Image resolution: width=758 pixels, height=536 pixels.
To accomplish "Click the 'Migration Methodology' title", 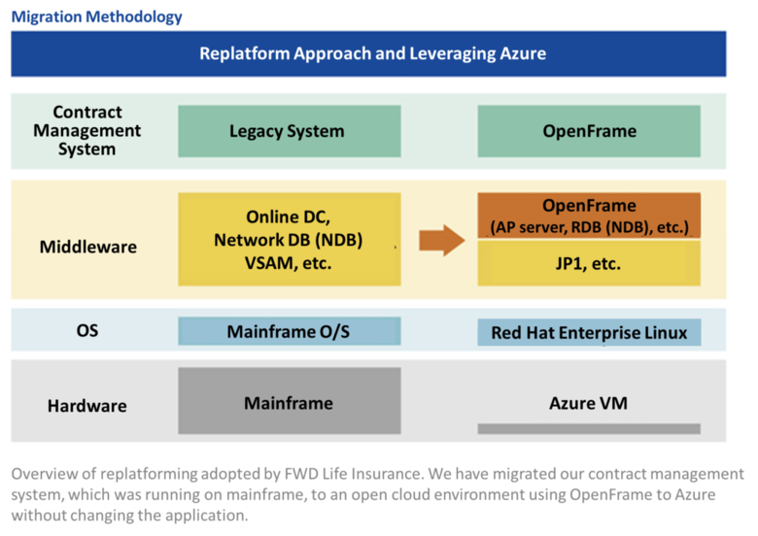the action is point(96,17).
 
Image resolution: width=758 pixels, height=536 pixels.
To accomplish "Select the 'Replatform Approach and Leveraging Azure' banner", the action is point(368,53).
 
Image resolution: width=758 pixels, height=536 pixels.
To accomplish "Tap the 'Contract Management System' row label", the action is point(87,130).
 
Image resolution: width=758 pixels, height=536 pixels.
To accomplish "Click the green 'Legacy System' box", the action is point(289,131).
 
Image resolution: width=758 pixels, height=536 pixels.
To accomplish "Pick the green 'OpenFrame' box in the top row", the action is point(589,131).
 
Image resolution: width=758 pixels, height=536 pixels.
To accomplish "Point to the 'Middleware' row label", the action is point(88,247).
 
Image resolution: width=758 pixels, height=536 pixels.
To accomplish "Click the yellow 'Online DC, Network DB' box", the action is point(289,240).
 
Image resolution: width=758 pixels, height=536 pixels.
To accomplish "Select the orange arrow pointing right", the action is point(441,240).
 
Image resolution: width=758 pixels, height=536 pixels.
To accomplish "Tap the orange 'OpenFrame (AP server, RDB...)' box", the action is point(589,216).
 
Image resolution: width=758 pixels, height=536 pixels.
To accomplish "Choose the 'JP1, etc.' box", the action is point(589,263).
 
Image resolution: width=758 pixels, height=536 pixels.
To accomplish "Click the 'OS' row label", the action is point(87,331).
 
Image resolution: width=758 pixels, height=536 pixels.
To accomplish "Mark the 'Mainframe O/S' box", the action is point(289,331).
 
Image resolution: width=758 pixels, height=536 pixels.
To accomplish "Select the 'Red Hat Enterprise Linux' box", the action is point(589,332).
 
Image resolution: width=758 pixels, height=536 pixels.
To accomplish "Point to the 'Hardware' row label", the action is point(87,406).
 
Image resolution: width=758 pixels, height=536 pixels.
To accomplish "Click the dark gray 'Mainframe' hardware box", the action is point(289,401).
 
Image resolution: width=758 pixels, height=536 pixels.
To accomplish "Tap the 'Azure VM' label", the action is point(588,403).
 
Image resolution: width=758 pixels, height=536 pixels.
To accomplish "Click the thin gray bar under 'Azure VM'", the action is point(589,429).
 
